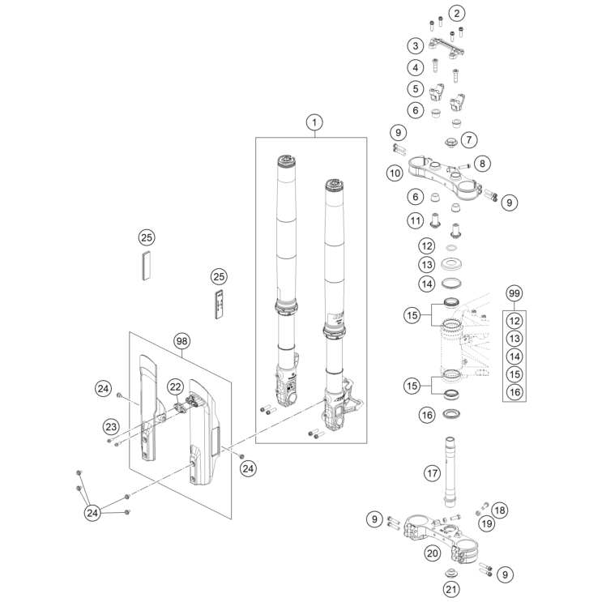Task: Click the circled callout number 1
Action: (x=314, y=122)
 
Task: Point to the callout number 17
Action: (x=433, y=472)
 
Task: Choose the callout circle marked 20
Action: (x=433, y=553)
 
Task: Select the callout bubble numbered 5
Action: (x=416, y=88)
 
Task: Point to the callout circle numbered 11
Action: (x=416, y=220)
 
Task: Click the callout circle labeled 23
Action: (x=110, y=426)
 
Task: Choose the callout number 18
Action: (x=500, y=510)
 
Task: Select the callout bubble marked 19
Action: (x=486, y=524)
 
